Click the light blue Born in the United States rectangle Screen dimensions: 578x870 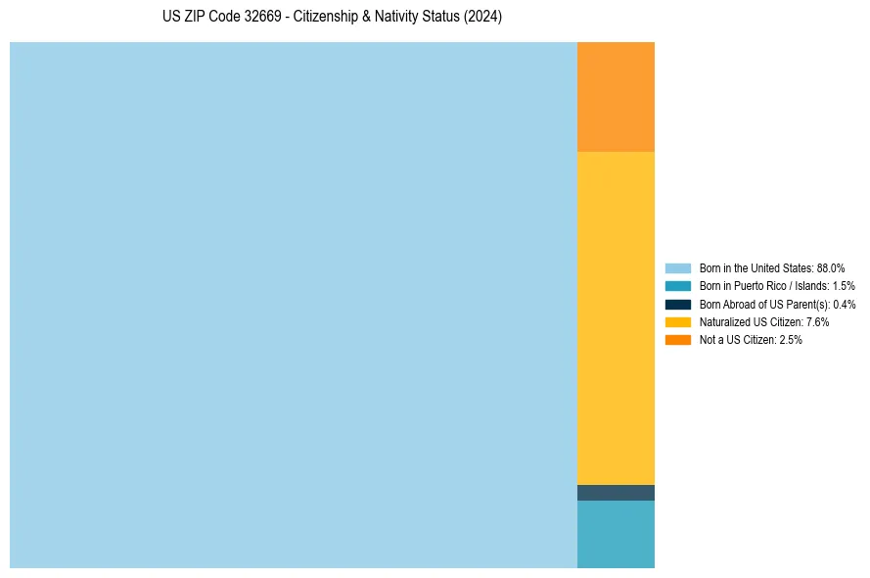294,305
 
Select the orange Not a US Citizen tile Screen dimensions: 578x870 616,96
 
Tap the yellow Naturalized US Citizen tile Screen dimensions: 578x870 616,317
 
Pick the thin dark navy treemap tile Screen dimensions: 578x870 616,493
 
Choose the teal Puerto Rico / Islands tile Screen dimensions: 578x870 616,534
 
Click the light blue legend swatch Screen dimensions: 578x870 678,267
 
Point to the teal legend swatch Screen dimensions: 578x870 678,286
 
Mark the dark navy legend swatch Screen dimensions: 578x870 678,304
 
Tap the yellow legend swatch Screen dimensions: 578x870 678,321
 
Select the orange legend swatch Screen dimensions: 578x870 678,340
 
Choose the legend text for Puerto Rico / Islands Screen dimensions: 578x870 777,286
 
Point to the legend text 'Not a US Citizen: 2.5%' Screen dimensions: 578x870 751,340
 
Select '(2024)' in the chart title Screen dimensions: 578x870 483,18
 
